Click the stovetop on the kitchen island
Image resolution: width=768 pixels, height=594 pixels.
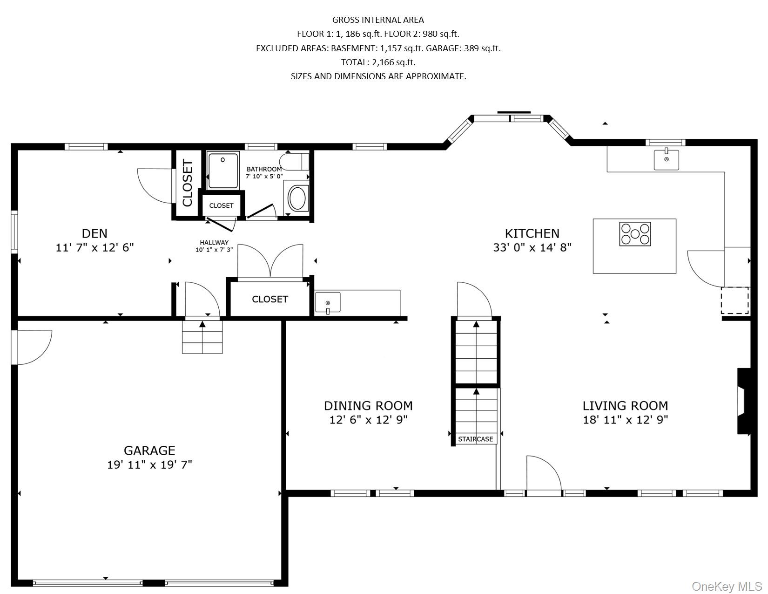[635, 234]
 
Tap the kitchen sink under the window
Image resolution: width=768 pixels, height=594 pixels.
[666, 159]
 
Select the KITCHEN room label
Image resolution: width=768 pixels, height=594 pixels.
[532, 233]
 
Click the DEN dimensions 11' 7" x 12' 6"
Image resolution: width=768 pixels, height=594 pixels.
[95, 247]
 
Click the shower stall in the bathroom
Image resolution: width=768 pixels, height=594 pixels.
[223, 171]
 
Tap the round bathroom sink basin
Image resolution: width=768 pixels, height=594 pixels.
[297, 198]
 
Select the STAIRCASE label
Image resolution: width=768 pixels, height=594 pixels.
[475, 439]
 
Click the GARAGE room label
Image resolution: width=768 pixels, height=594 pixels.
[149, 451]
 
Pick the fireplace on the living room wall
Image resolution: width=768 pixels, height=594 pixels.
[743, 401]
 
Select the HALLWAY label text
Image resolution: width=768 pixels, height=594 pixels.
[214, 242]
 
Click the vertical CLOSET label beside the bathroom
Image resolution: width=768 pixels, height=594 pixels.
[188, 183]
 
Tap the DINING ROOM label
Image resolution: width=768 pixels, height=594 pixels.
[368, 406]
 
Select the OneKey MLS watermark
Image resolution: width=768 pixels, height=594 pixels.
[727, 586]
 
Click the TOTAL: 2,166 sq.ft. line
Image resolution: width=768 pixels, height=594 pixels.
[378, 62]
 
